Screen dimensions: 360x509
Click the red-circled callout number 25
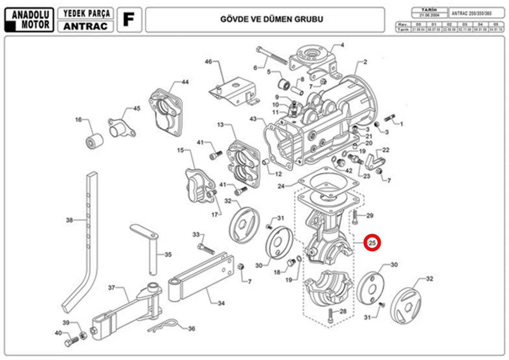[372, 243]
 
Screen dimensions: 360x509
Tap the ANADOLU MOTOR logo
[29, 20]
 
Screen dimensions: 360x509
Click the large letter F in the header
[129, 19]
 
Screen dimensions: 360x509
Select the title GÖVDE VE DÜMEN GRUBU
[272, 19]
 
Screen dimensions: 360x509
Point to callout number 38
[69, 220]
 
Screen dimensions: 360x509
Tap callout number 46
[208, 61]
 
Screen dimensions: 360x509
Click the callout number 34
[221, 303]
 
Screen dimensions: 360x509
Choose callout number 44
[185, 82]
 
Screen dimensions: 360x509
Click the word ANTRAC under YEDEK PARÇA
[85, 26]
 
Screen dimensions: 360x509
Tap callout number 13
[220, 125]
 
